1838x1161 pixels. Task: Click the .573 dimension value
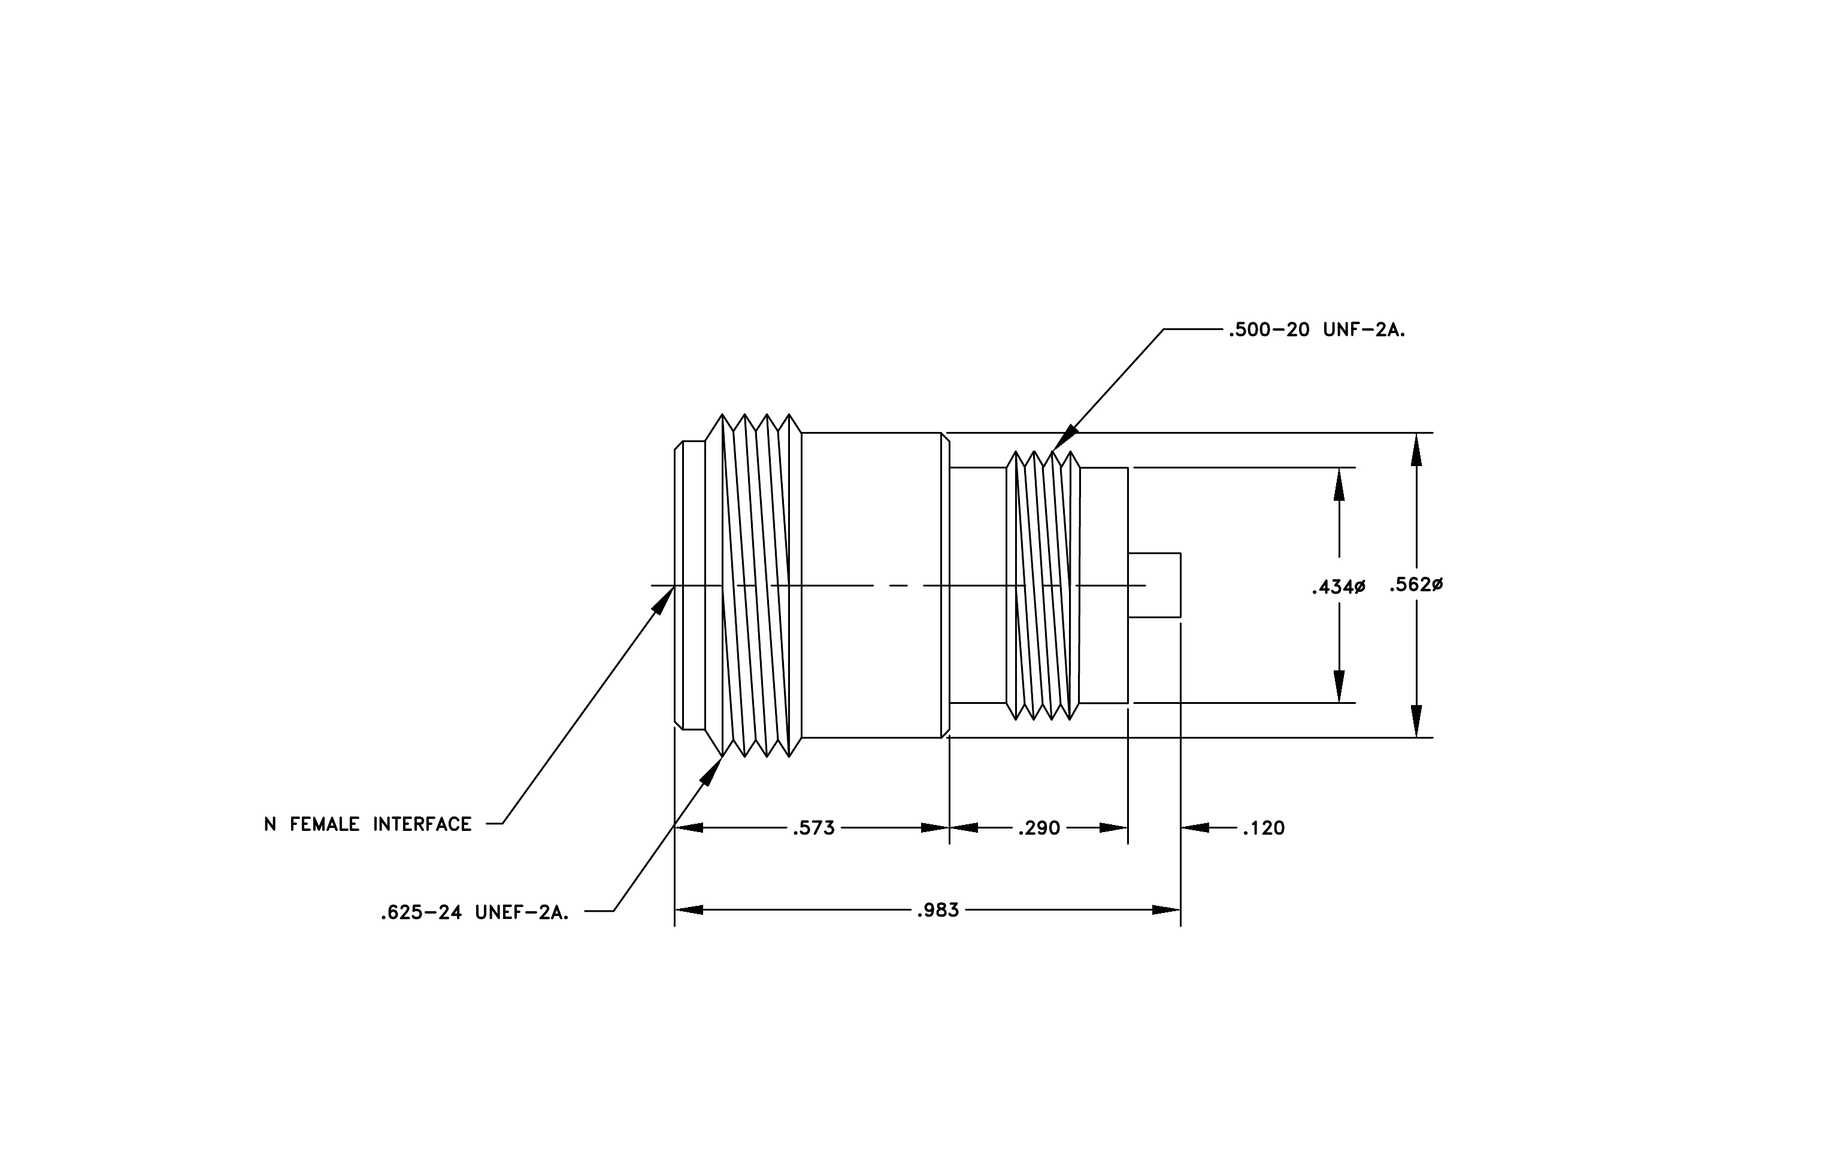[814, 828]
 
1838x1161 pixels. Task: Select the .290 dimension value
[1039, 828]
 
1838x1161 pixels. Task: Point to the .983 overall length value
[937, 910]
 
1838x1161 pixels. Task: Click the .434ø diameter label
[1338, 587]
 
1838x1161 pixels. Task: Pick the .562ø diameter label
[1416, 585]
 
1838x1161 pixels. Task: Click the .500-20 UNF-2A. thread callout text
[1317, 331]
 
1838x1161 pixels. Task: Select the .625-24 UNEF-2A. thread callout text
[475, 912]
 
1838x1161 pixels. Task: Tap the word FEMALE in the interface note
[325, 824]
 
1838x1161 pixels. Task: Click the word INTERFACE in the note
[422, 824]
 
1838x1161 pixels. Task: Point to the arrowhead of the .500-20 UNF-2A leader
[1065, 438]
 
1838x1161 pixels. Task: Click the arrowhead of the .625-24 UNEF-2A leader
[711, 771]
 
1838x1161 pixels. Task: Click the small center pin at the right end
[1154, 585]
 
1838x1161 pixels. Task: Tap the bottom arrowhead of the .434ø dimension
[1339, 686]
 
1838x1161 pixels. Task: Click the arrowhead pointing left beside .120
[1196, 827]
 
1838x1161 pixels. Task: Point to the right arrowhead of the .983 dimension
[1166, 910]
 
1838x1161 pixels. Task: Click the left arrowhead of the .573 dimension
[689, 827]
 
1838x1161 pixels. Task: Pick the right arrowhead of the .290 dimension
[1113, 827]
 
